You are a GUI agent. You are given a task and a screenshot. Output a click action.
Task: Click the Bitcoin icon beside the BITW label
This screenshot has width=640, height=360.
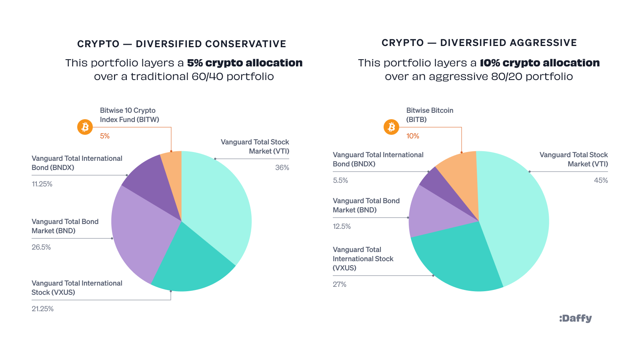(x=85, y=127)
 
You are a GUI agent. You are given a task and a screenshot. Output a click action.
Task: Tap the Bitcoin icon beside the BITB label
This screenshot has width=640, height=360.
(x=391, y=127)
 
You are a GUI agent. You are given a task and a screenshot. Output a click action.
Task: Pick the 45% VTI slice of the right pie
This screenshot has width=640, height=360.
(x=516, y=216)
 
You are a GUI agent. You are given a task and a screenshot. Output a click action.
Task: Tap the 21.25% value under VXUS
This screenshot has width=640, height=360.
(x=42, y=309)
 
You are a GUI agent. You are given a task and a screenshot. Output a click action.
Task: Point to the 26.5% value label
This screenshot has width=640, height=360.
(x=41, y=247)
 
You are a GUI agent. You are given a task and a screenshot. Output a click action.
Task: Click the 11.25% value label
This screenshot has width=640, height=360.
(x=42, y=184)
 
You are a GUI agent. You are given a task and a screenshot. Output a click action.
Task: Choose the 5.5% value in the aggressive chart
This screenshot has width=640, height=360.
(x=340, y=180)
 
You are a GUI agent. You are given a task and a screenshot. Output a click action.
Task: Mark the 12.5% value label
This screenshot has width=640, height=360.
(x=342, y=226)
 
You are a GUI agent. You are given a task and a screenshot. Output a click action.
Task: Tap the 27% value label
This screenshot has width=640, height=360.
(x=340, y=284)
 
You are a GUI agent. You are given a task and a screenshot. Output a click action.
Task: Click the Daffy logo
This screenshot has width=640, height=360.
(x=575, y=318)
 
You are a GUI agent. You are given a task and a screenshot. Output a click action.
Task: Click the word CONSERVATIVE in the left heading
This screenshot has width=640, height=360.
(x=246, y=44)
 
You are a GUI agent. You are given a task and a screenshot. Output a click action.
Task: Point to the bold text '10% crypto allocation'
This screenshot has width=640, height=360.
(x=540, y=63)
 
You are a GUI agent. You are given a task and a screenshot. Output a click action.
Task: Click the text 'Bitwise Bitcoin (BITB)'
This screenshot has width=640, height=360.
(x=430, y=115)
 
